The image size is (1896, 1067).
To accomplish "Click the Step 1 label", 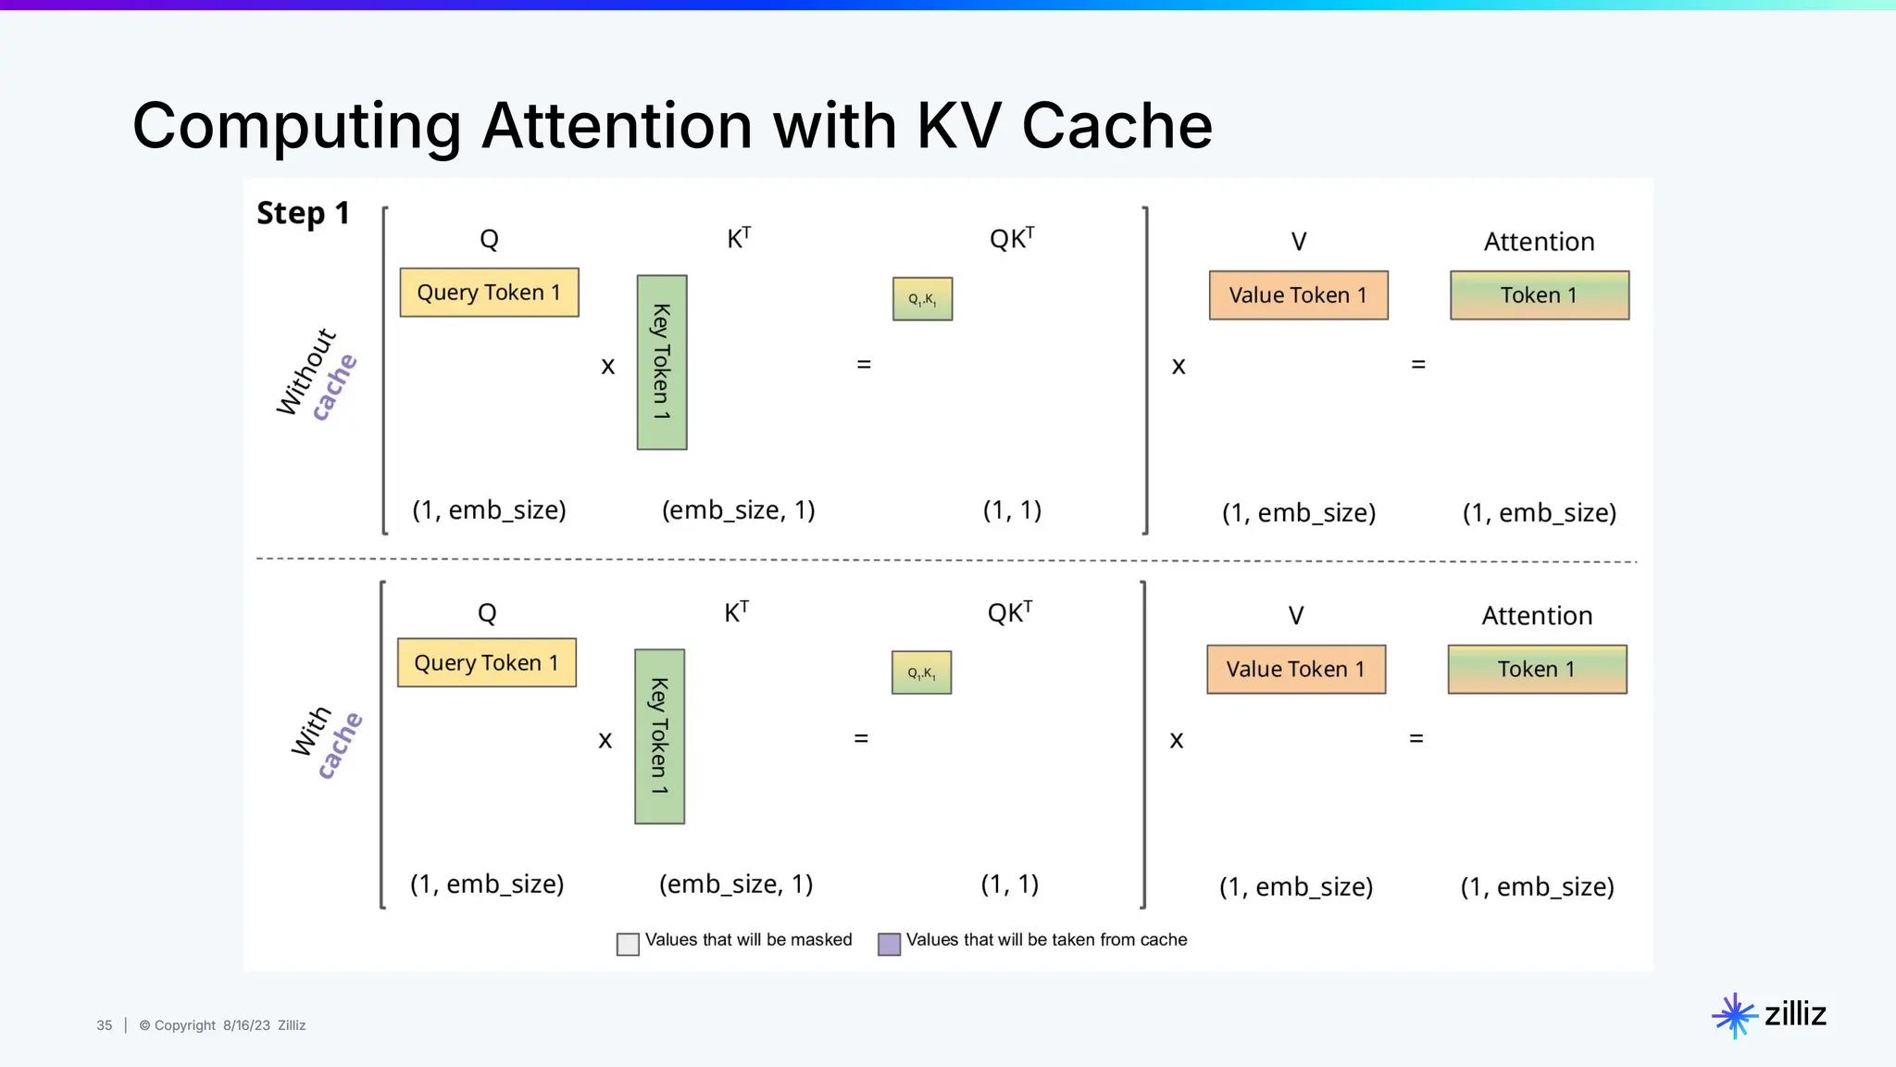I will (304, 214).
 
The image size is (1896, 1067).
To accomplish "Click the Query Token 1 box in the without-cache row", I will (489, 293).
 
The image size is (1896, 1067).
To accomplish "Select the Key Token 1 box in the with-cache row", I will (659, 736).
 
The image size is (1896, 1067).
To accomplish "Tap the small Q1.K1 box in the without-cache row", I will (922, 299).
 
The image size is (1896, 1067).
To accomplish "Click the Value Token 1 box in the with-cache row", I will (1295, 669).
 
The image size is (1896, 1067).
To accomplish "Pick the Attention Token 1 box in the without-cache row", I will (1539, 295).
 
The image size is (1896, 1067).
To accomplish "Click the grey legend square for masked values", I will (628, 944).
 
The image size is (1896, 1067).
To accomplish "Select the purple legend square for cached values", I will (889, 944).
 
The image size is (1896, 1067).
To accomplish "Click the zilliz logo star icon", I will (1734, 1016).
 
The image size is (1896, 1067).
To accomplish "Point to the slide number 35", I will (105, 1025).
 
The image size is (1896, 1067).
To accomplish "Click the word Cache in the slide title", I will (1116, 126).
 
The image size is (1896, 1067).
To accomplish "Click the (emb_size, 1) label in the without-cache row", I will (738, 510).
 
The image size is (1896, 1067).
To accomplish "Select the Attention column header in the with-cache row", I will (1537, 616).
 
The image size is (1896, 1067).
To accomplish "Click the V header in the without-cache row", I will (1298, 242).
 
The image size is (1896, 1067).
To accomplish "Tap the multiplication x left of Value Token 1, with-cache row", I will (1176, 740).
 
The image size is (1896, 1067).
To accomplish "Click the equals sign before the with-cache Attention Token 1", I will (1416, 739).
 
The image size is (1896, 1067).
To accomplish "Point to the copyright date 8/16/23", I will (246, 1025).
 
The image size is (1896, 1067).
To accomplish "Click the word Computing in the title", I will (296, 126).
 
